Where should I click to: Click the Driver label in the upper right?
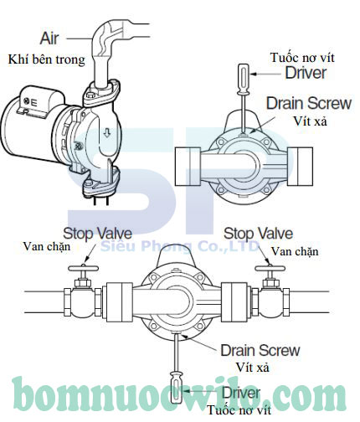306,73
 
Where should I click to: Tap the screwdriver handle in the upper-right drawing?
244,79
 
